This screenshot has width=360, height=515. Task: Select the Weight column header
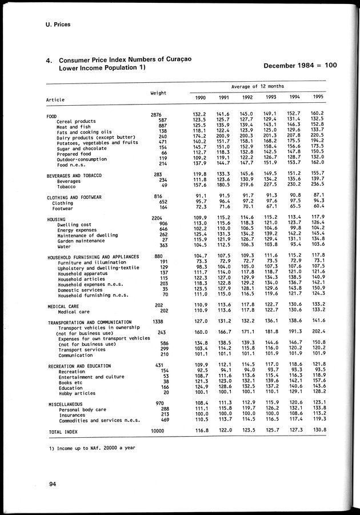click(x=158, y=93)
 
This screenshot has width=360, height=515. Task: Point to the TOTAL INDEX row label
click(x=63, y=432)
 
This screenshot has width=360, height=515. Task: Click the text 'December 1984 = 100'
click(x=300, y=65)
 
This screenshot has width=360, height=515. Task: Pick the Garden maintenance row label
click(x=83, y=241)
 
